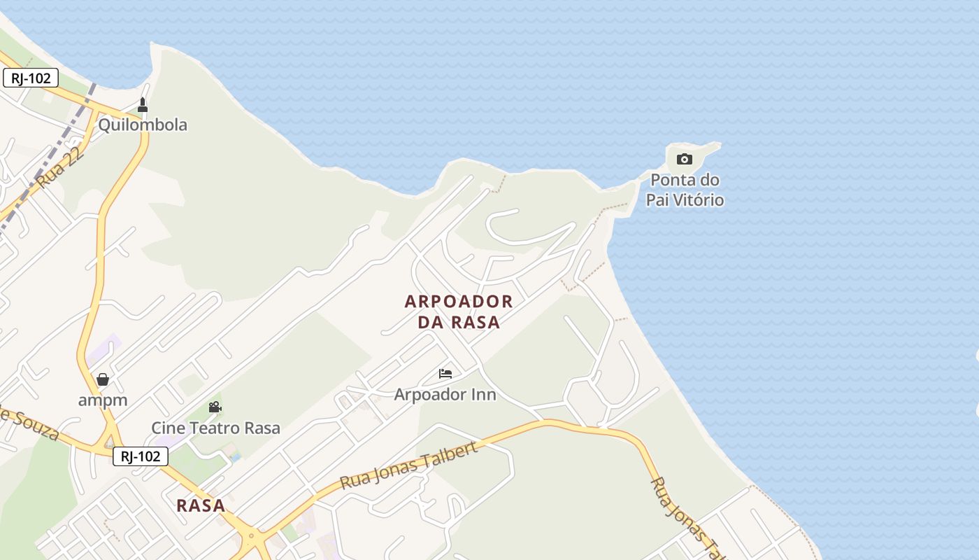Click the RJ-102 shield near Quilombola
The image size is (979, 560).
[31, 78]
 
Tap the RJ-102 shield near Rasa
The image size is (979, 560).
[141, 457]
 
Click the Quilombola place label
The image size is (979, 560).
[143, 125]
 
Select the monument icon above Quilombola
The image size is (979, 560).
[143, 105]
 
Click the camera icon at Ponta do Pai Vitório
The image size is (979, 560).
[685, 159]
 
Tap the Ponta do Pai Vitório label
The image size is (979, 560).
[684, 190]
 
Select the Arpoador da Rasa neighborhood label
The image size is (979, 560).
[459, 311]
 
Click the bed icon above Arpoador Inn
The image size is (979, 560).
[445, 374]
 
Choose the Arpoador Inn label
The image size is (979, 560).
[445, 395]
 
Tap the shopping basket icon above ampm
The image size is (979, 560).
[103, 379]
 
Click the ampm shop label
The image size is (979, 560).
[103, 401]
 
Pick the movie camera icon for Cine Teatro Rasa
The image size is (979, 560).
[215, 407]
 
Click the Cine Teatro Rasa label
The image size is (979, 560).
[216, 428]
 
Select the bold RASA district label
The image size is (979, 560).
[201, 505]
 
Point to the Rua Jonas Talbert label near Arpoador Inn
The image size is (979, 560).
[408, 465]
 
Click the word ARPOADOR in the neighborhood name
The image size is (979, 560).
[459, 302]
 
